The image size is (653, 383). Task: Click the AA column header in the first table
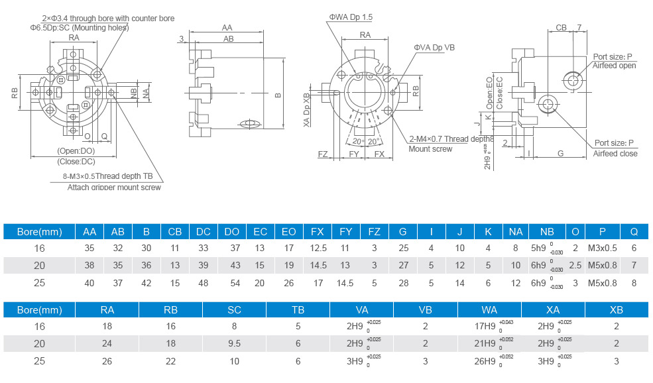(x=89, y=231)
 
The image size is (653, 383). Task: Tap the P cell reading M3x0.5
(x=603, y=248)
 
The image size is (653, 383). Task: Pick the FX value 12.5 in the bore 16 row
(x=318, y=248)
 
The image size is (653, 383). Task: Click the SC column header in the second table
(x=235, y=309)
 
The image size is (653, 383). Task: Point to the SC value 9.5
(x=235, y=343)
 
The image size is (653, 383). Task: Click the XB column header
(x=617, y=309)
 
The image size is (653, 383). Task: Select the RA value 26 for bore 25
(x=107, y=361)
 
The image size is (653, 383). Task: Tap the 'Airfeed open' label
(x=614, y=66)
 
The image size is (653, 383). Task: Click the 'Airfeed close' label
(x=615, y=154)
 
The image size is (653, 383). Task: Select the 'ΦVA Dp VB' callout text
(x=434, y=47)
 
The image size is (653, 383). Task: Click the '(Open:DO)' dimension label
(x=76, y=151)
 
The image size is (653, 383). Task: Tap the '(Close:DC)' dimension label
(x=76, y=161)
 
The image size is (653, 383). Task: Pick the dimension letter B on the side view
(x=278, y=95)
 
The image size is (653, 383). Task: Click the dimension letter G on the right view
(x=561, y=153)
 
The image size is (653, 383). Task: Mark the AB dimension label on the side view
(x=229, y=39)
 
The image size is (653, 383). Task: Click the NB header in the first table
(x=547, y=231)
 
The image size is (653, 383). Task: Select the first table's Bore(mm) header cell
(x=39, y=231)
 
